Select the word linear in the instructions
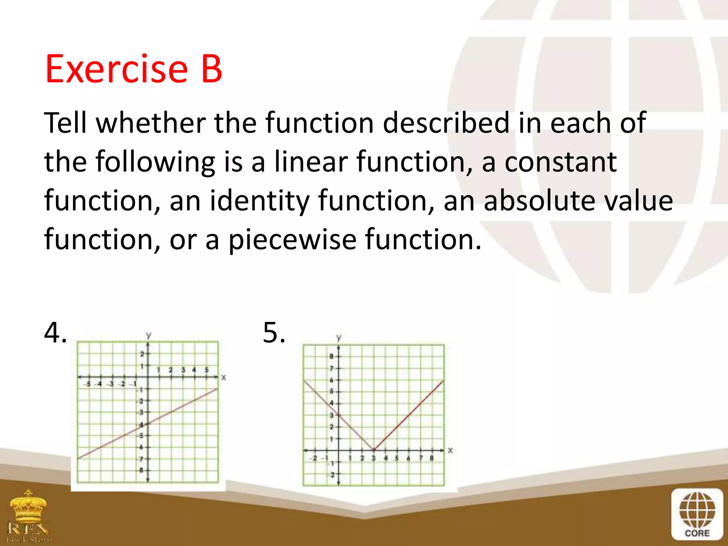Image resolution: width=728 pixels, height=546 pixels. coord(311,162)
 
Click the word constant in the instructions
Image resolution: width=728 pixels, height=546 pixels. coord(561,162)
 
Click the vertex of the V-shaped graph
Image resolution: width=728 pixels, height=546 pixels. coord(373,450)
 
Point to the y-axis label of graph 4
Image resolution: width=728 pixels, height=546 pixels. coord(149,335)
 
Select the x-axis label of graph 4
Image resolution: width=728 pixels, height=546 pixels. coord(224,378)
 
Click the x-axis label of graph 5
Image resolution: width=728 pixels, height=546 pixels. coord(450,450)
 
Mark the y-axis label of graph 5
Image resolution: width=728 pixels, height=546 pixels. coord(339,337)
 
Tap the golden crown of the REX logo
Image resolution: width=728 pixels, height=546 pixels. coord(28,505)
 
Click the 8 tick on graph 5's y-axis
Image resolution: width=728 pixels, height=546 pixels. coord(331,356)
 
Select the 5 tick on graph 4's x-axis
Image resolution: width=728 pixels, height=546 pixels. coord(207,370)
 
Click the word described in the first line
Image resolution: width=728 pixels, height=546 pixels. coord(446,123)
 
